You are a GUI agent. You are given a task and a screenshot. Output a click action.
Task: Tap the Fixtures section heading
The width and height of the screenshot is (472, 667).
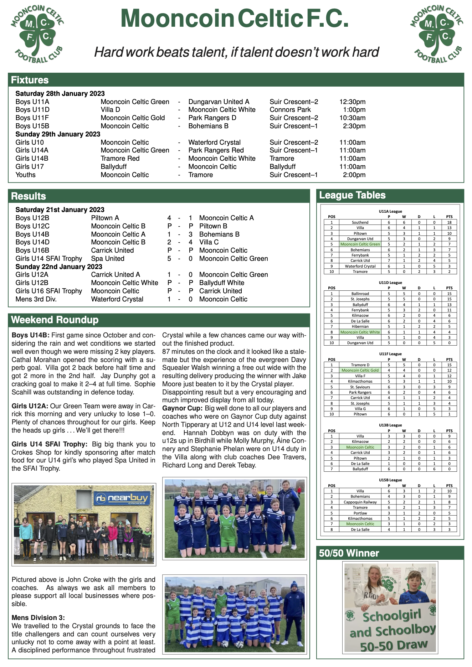[x=30, y=80]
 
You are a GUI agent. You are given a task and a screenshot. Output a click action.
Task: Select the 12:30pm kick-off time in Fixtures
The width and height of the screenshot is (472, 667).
[x=352, y=102]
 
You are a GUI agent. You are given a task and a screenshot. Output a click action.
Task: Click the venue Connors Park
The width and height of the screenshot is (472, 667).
[x=290, y=110]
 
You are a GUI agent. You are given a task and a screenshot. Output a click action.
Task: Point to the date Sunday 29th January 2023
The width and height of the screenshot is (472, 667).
[x=58, y=134]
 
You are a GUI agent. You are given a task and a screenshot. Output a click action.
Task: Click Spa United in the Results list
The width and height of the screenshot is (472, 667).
[x=108, y=259]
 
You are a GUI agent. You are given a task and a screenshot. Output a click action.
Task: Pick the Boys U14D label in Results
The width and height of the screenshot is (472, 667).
[x=32, y=242]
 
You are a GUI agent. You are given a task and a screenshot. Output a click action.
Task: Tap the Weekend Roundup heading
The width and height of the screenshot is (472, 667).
[x=55, y=320]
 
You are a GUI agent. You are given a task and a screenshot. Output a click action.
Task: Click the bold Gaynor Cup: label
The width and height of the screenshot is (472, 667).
[x=182, y=408]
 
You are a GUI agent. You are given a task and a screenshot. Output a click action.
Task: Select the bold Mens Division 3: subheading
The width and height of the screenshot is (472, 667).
[x=38, y=618]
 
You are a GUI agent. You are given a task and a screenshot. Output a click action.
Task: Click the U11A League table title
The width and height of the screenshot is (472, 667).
[x=390, y=211]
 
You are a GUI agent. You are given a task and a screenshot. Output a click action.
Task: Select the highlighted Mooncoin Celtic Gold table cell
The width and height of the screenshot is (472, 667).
[x=360, y=371]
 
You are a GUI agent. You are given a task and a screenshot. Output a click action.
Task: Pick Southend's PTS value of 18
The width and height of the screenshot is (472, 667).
[x=449, y=222]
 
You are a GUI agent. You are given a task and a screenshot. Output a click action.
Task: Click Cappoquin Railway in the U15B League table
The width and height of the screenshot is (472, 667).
[x=360, y=502]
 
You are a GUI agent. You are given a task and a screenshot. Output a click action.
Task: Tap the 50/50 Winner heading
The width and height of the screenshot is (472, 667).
[x=349, y=553]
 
